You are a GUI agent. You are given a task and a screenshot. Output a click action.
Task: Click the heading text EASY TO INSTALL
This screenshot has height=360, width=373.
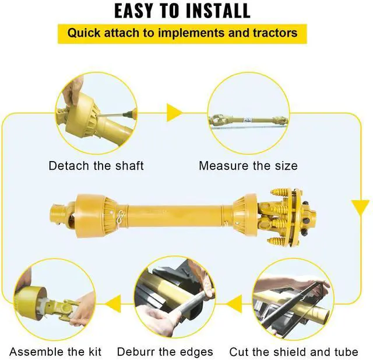tap(182, 11)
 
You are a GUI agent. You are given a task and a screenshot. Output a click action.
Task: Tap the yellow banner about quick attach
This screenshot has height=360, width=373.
tap(182, 32)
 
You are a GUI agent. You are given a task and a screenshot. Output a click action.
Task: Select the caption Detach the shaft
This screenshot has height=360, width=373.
tap(96, 166)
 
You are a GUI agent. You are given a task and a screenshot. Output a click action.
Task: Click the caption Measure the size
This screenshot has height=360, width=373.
tap(248, 166)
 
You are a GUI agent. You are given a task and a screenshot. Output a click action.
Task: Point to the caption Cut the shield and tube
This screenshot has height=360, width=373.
tap(294, 352)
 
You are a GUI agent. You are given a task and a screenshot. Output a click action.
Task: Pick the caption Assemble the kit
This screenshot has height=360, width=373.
tap(55, 352)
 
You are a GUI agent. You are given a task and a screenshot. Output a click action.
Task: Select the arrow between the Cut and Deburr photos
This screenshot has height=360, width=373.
tap(234, 303)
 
